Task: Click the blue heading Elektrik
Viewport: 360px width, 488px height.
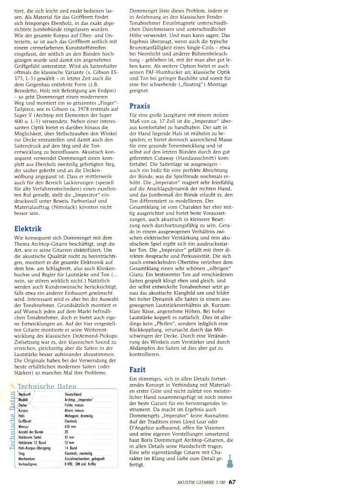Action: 28,228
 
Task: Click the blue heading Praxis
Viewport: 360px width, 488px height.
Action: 140,106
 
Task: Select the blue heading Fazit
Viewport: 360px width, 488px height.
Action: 138,369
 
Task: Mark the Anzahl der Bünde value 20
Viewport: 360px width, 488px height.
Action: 66,431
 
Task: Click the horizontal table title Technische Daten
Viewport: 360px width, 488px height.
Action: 47,386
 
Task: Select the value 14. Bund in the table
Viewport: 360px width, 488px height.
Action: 71,447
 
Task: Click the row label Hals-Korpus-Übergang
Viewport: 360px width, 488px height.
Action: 34,447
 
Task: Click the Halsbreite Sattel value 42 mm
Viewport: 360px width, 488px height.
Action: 69,437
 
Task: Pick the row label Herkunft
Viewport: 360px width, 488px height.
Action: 25,394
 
